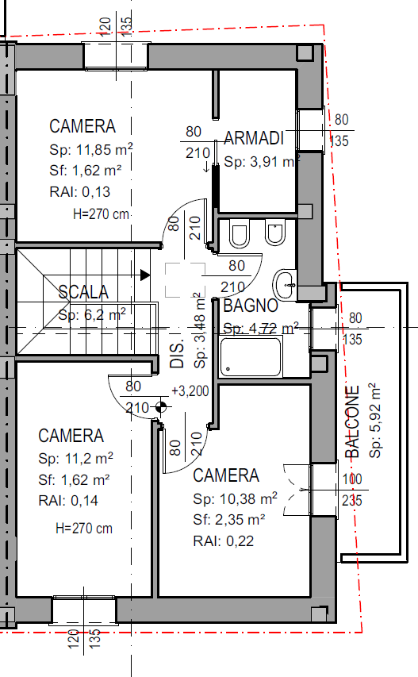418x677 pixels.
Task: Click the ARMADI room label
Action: tap(254, 138)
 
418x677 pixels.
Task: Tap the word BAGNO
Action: tap(250, 306)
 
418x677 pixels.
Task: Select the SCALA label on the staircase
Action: tap(83, 292)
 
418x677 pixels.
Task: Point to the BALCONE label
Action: tap(352, 421)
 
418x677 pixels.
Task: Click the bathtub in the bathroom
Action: tap(251, 356)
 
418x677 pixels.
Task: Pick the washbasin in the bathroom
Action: tap(284, 285)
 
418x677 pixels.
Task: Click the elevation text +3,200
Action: tap(190, 391)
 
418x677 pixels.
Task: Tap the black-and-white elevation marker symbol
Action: tap(161, 406)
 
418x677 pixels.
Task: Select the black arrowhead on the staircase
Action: tap(145, 275)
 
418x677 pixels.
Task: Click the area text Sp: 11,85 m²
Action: tap(91, 149)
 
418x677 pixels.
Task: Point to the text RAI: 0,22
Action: tap(223, 541)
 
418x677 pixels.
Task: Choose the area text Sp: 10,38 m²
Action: tap(235, 498)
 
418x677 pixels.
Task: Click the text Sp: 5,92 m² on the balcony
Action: tap(375, 420)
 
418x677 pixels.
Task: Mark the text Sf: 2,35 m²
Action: tap(228, 519)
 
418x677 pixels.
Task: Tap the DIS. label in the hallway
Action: tap(178, 352)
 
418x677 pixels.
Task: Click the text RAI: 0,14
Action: tap(68, 501)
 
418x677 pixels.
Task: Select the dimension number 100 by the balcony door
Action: tap(352, 479)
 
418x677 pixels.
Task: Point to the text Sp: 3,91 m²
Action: tap(262, 161)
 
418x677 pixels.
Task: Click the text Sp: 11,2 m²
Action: tap(75, 458)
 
